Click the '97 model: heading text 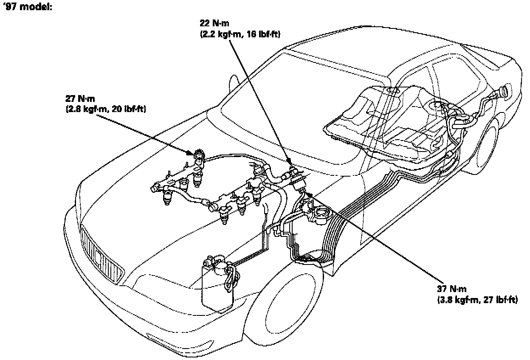tap(28, 8)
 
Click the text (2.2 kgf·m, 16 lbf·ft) tap(240, 34)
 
